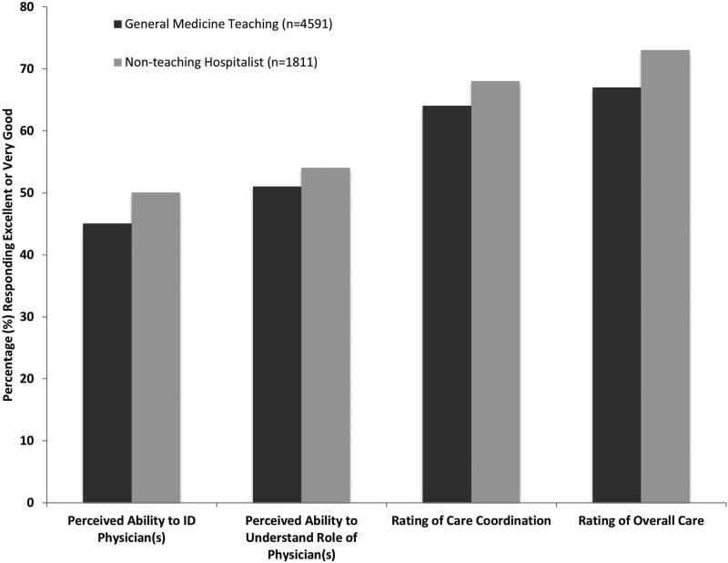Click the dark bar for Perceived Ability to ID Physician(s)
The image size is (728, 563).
tap(106, 363)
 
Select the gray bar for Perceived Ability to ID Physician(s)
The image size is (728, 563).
tap(156, 347)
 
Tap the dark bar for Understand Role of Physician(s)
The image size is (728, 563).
tap(277, 344)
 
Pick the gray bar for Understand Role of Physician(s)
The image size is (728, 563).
tap(326, 335)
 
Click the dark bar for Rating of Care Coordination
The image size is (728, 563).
tap(447, 304)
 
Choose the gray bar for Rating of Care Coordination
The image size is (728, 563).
tap(496, 292)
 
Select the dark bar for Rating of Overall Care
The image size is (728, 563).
tap(616, 295)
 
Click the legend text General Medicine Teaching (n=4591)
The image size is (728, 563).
tap(222, 23)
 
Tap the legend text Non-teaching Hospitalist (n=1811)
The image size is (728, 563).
tap(221, 62)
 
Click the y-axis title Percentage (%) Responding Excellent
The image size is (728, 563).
tap(11, 255)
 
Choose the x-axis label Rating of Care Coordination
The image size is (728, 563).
tap(471, 521)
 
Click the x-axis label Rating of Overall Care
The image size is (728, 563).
tap(641, 521)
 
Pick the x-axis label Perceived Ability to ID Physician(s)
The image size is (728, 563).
tap(131, 528)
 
